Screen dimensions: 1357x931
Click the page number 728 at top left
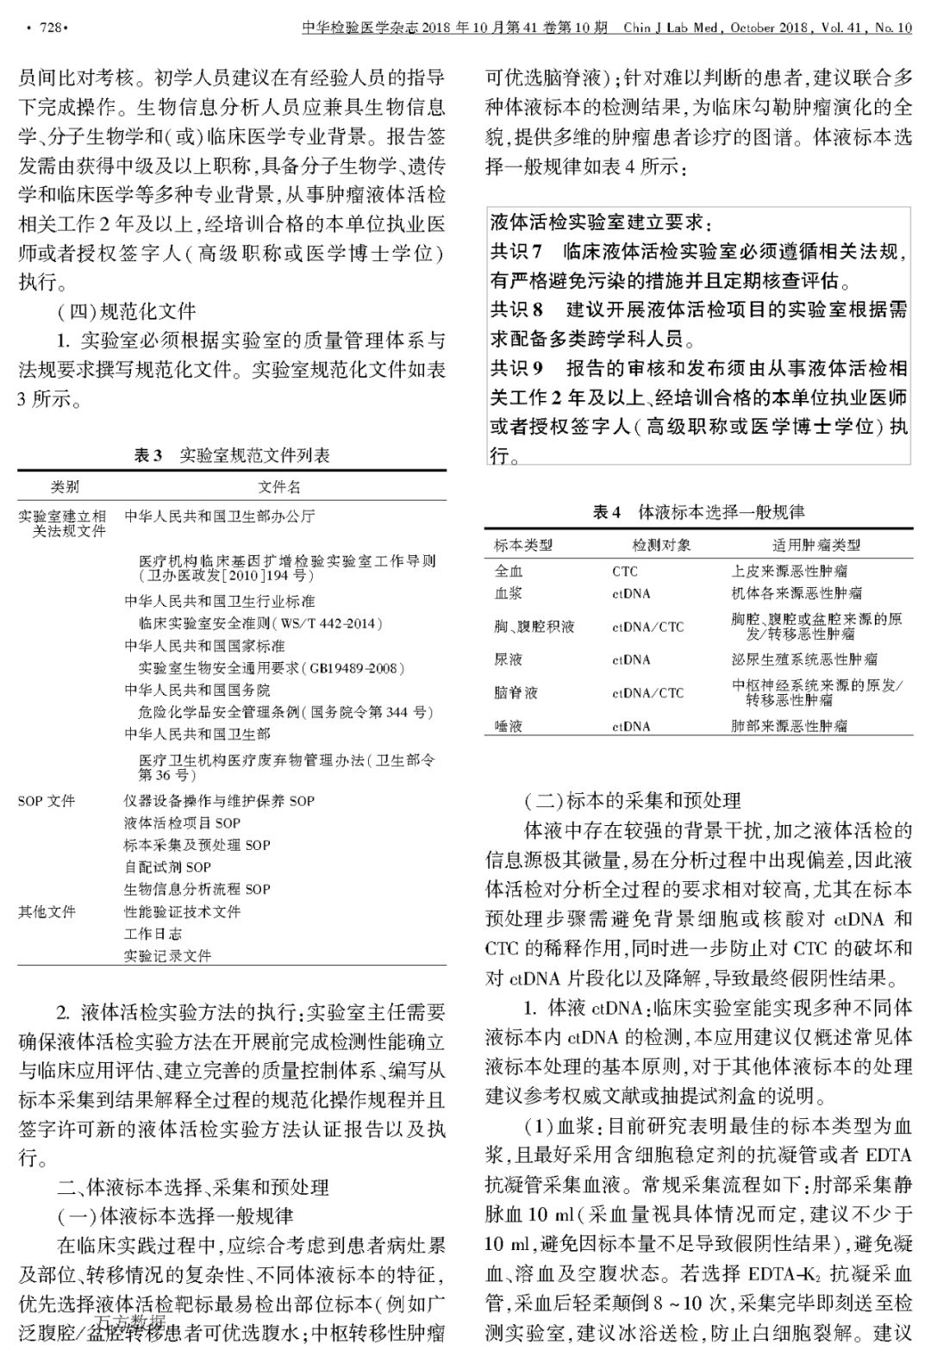coord(47,28)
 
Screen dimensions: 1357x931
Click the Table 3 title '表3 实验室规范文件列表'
coord(232,455)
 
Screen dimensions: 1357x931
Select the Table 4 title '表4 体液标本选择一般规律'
coord(698,512)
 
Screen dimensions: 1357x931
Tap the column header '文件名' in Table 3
coord(280,486)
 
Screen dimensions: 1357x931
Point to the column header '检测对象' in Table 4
coord(661,545)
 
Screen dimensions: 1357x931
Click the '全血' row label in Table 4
coord(509,571)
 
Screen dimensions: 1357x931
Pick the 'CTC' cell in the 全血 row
coord(625,571)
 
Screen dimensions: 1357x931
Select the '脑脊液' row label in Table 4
coord(515,693)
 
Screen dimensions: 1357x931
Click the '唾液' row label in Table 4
coord(509,726)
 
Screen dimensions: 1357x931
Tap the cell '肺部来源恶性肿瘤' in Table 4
coord(789,726)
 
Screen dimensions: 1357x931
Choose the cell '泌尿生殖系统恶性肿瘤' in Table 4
coord(804,660)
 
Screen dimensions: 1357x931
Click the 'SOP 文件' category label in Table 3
coord(47,801)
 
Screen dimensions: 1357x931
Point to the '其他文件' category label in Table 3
coord(47,911)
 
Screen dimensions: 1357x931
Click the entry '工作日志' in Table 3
coord(153,934)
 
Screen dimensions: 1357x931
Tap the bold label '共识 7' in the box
coord(515,252)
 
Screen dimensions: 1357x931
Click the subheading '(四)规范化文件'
coord(126,310)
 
